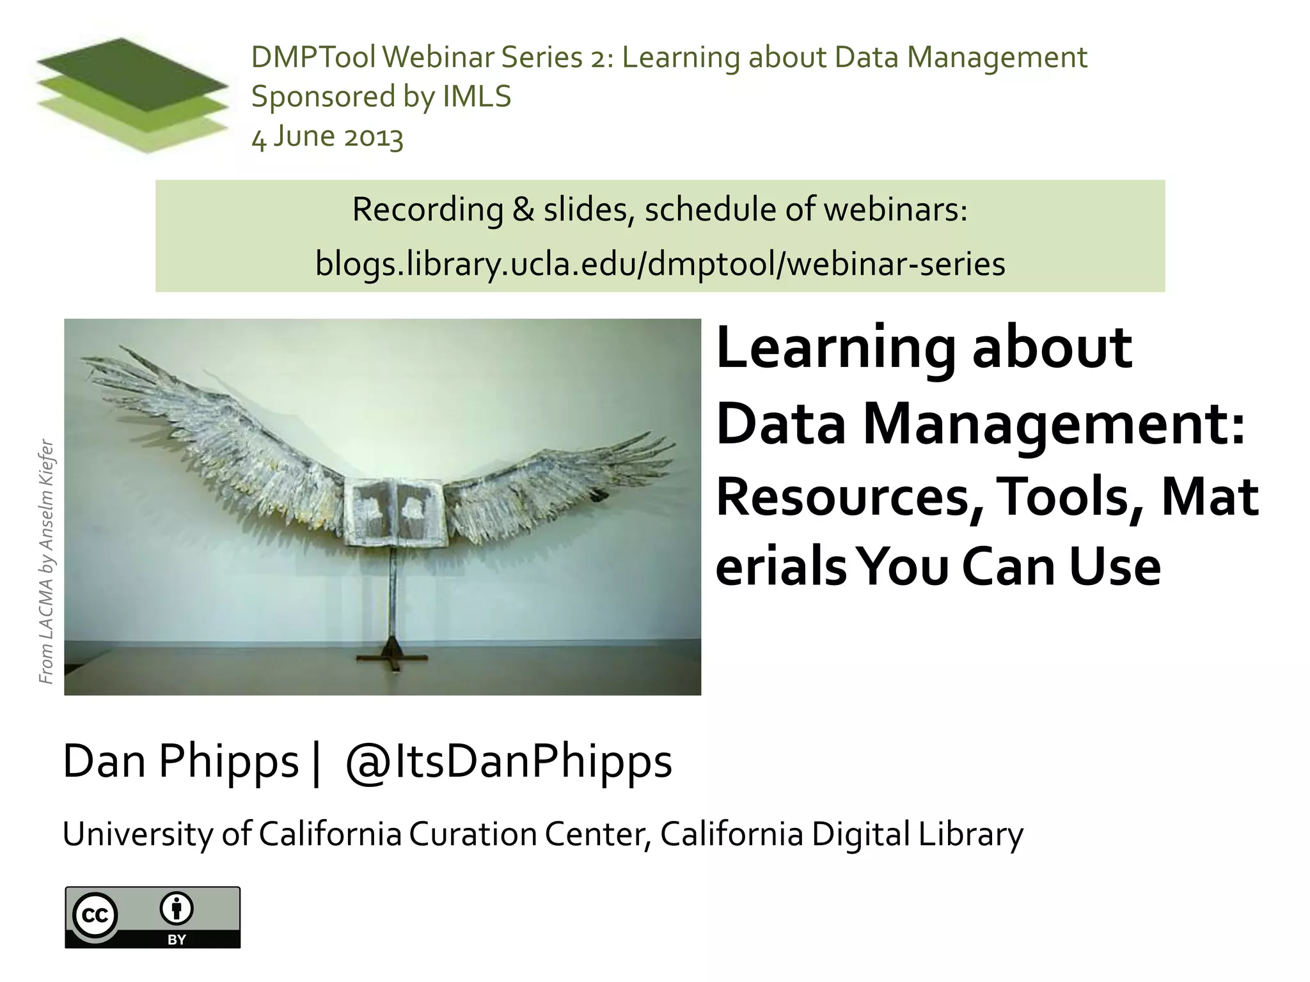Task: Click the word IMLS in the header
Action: (477, 97)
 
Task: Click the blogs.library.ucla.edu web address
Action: (660, 264)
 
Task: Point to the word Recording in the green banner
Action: (427, 210)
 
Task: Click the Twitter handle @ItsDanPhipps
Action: (509, 761)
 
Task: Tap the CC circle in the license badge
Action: (95, 916)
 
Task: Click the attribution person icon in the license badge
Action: (177, 909)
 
